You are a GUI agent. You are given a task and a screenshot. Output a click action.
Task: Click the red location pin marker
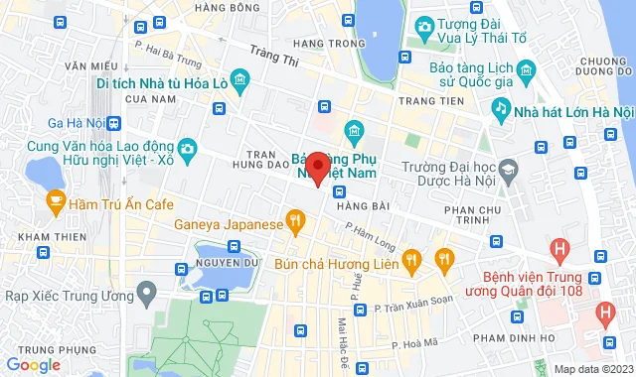pos(317,167)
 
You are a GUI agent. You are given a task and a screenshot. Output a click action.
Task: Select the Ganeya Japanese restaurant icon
pos(294,221)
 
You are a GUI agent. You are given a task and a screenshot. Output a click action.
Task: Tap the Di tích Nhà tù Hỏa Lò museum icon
pos(239,78)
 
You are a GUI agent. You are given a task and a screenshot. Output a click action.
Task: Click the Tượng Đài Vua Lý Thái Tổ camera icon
pos(424,25)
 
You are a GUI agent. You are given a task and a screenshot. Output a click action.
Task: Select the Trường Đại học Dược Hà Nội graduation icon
pos(509,172)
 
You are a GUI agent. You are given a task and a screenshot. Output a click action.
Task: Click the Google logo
pos(34,365)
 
